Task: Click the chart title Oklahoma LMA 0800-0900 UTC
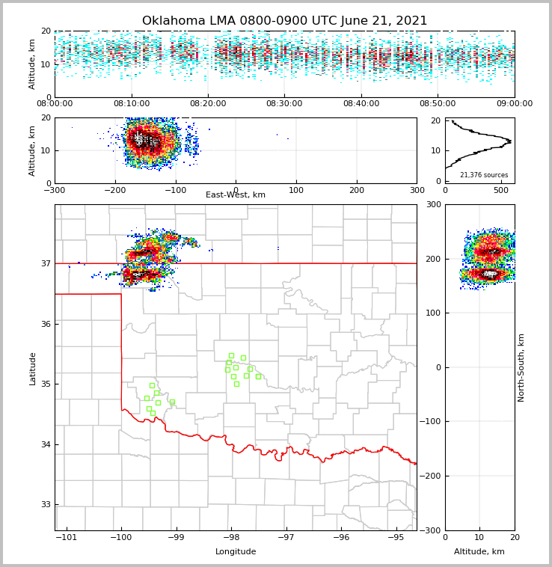point(284,21)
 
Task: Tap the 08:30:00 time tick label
point(284,104)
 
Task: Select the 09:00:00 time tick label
point(515,104)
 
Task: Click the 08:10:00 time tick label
point(131,104)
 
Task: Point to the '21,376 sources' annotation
point(484,175)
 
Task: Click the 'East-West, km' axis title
point(236,195)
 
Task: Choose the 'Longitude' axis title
point(236,552)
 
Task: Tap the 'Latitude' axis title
point(33,368)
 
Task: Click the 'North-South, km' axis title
point(521,367)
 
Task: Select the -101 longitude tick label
point(67,537)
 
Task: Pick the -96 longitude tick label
point(341,537)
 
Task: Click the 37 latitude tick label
point(46,263)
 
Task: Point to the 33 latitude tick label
point(46,504)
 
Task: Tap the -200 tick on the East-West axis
point(114,190)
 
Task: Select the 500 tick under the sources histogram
point(500,190)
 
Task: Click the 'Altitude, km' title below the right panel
point(479,552)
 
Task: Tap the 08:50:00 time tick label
point(438,104)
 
